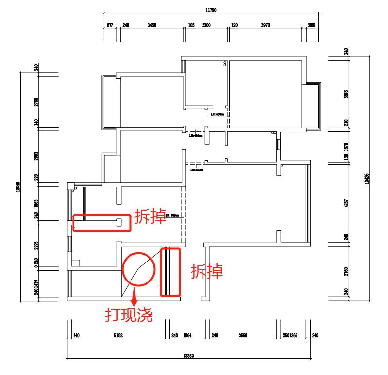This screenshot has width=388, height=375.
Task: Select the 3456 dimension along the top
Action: tap(151, 25)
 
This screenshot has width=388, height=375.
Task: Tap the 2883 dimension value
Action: tap(36, 157)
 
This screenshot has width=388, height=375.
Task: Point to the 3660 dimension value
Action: tap(243, 335)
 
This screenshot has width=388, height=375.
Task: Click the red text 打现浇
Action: tap(129, 315)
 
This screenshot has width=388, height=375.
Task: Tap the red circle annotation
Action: tap(139, 269)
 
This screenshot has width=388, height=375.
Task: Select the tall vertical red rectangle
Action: tap(171, 272)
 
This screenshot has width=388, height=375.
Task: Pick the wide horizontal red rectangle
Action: tap(101, 223)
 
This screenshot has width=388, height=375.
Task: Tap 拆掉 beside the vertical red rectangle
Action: tap(206, 271)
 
